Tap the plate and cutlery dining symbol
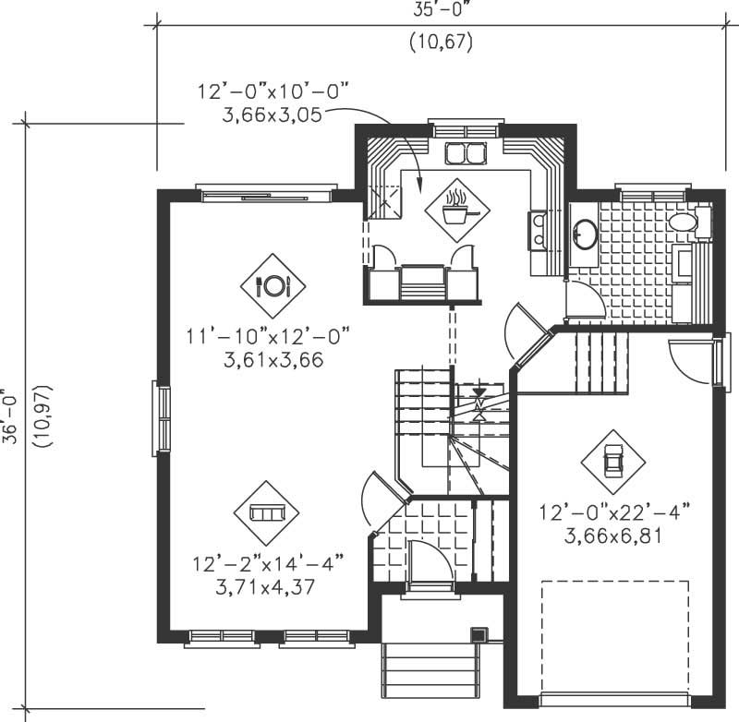(x=273, y=285)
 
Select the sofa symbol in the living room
(x=267, y=512)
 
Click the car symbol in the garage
(x=613, y=459)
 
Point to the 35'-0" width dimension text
(x=441, y=11)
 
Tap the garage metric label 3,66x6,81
(x=613, y=535)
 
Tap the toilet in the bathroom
(x=684, y=222)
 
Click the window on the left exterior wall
(x=162, y=420)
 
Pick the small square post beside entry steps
(x=479, y=635)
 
